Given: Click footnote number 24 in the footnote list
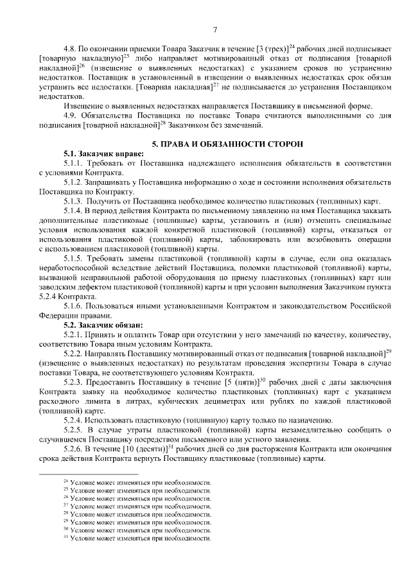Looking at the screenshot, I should [66, 481].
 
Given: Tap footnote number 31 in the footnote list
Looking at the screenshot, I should [66, 538].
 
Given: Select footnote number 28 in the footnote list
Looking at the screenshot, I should [66, 514].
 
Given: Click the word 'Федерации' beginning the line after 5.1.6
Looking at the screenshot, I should [59, 316].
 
